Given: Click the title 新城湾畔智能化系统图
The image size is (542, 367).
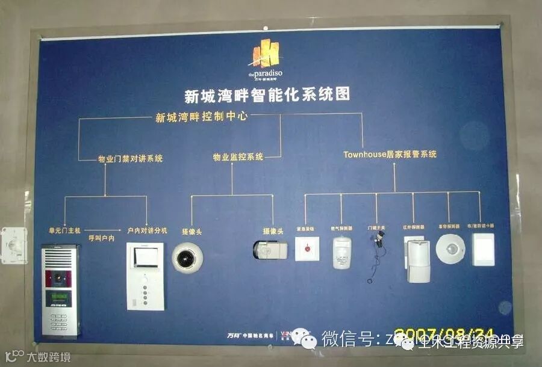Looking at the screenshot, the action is click(x=267, y=96).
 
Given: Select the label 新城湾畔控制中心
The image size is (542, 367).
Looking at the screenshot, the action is click(x=201, y=117).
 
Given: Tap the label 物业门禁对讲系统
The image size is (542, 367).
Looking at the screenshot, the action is click(x=131, y=159).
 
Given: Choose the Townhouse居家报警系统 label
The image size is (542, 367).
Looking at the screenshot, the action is click(x=390, y=155).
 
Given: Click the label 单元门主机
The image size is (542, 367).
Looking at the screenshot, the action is click(x=64, y=230).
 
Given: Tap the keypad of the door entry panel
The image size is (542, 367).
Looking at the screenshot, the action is click(x=59, y=322).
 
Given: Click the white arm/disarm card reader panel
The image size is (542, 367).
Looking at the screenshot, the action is click(x=483, y=249).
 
